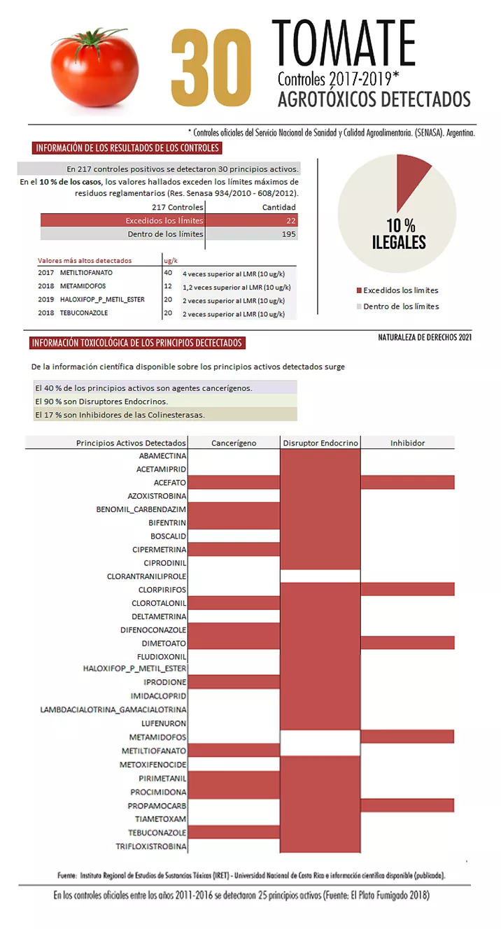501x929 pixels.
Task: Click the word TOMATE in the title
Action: (x=343, y=43)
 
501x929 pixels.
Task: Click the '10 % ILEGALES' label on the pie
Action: (x=398, y=234)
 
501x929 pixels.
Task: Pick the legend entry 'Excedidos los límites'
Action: (x=401, y=290)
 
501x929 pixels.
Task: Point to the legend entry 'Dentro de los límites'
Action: (x=401, y=306)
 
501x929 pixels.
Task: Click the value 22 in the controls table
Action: (x=290, y=220)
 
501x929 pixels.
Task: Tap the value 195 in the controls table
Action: (x=288, y=234)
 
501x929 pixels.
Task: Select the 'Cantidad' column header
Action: (x=278, y=207)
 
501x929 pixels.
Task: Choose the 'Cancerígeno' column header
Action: (x=234, y=443)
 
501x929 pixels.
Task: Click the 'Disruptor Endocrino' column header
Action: (x=320, y=443)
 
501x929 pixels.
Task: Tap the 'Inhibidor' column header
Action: (x=407, y=443)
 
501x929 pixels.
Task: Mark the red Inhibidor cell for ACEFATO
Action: (x=407, y=482)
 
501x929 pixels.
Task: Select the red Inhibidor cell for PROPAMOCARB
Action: (x=407, y=805)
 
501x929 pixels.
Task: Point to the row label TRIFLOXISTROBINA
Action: (x=151, y=846)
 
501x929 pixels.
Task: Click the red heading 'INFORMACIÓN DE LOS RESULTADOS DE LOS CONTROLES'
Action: (x=127, y=148)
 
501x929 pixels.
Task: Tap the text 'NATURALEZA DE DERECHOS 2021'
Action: (x=425, y=338)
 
